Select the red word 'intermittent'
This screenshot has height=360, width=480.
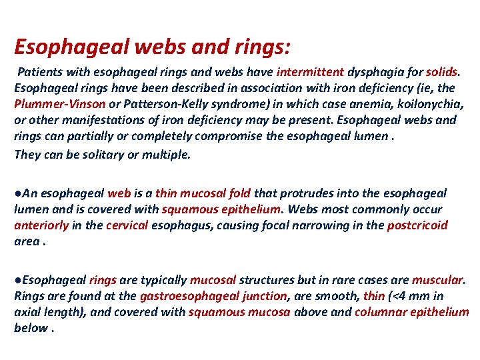coord(310,72)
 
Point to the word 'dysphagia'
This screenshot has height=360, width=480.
coord(373,72)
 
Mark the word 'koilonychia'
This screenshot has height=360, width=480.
coord(431,104)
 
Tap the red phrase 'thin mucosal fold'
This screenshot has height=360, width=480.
coord(203,193)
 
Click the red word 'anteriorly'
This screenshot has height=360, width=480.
coord(41,225)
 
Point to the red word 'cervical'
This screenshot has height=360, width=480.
coord(127,225)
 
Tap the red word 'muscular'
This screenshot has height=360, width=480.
coord(437,280)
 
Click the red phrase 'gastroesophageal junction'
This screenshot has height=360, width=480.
coord(213,296)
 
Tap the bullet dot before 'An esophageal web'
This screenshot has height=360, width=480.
coord(17,193)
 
